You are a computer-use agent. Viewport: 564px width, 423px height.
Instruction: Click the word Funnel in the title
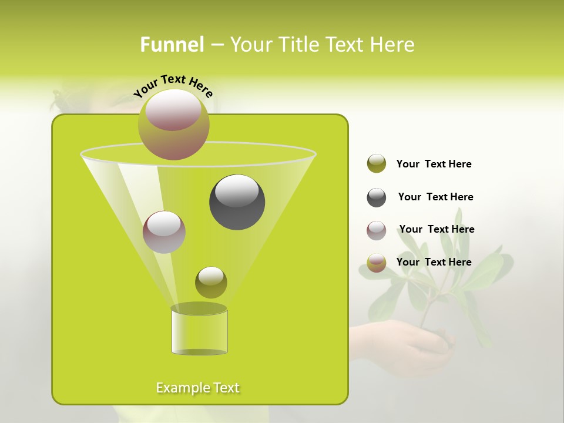pyautogui.click(x=172, y=45)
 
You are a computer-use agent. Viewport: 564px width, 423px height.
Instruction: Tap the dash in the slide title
pyautogui.click(x=216, y=45)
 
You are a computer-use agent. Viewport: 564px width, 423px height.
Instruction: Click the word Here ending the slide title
pyautogui.click(x=392, y=45)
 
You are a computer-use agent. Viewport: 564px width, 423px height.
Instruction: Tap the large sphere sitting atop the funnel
pyautogui.click(x=173, y=125)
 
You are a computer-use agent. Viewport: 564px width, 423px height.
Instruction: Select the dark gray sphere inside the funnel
pyautogui.click(x=237, y=202)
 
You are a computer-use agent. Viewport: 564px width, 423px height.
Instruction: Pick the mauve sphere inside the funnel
pyautogui.click(x=164, y=232)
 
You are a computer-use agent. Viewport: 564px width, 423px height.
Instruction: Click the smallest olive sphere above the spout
pyautogui.click(x=211, y=283)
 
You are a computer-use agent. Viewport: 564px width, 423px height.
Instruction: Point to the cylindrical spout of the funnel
pyautogui.click(x=199, y=331)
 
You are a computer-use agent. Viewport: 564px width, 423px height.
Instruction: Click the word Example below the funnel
pyautogui.click(x=177, y=388)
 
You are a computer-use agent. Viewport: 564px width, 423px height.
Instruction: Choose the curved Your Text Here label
pyautogui.click(x=173, y=86)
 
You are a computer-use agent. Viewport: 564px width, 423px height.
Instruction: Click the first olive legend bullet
pyautogui.click(x=377, y=164)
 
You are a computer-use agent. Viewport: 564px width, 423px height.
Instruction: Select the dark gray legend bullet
pyautogui.click(x=377, y=197)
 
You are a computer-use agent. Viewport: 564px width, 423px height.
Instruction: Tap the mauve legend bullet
pyautogui.click(x=377, y=230)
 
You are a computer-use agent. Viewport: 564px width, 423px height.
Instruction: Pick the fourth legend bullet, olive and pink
pyautogui.click(x=377, y=263)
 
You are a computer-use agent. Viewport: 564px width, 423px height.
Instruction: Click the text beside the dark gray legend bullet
pyautogui.click(x=435, y=197)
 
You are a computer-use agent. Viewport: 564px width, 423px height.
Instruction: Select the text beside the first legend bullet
pyautogui.click(x=434, y=164)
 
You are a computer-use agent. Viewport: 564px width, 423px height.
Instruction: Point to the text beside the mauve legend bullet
pyautogui.click(x=437, y=229)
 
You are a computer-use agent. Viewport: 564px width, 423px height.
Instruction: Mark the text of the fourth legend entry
pyautogui.click(x=434, y=262)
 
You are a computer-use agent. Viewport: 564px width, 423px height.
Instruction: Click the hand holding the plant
pyautogui.click(x=411, y=347)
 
